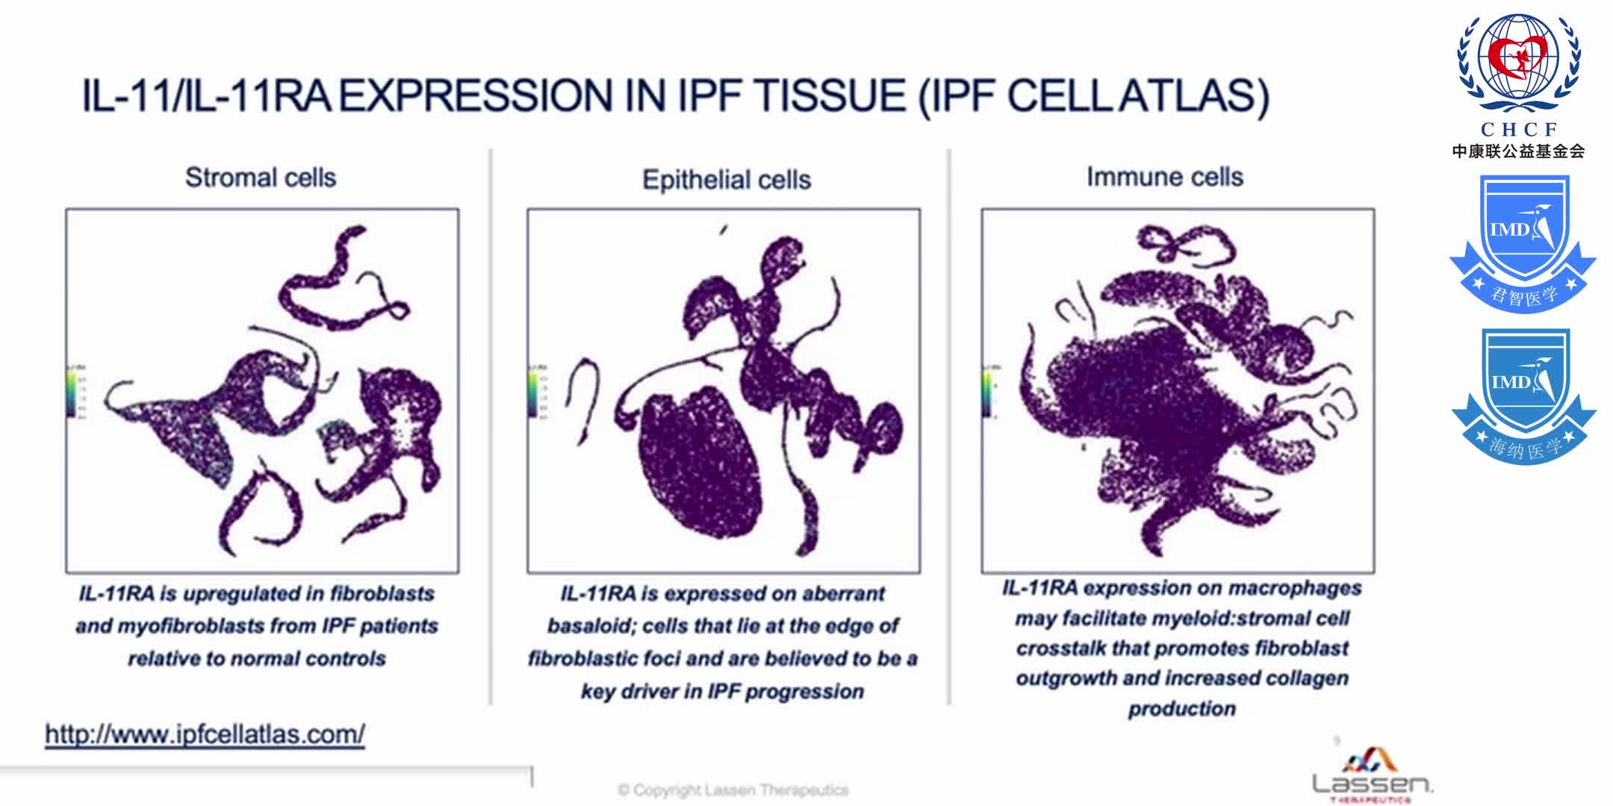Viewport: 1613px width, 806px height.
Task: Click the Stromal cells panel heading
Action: (x=261, y=178)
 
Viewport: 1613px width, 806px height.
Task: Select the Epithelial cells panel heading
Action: (x=727, y=180)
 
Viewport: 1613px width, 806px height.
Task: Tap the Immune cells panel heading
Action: (x=1164, y=177)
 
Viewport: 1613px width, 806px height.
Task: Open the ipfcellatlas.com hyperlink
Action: (x=205, y=734)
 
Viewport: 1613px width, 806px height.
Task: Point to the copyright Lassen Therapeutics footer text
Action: (x=733, y=790)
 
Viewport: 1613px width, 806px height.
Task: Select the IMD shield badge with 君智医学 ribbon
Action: (x=1523, y=243)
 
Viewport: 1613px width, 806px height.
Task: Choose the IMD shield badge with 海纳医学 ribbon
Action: (x=1523, y=396)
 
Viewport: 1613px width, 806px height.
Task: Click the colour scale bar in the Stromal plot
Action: (x=71, y=393)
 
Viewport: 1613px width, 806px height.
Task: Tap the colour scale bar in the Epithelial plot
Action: (x=532, y=393)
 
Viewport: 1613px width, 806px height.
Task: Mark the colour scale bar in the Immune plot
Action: (x=986, y=393)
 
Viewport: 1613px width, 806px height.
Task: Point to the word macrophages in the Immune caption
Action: (x=1295, y=588)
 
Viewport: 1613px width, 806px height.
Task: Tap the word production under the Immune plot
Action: (x=1181, y=708)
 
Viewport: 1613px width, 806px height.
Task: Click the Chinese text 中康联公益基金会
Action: (x=1518, y=151)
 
